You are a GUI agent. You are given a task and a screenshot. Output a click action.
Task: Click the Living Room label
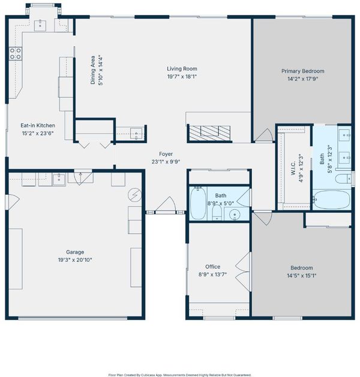182,69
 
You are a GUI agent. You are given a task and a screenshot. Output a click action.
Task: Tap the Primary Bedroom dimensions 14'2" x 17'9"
303,79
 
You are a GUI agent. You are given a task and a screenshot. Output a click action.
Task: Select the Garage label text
75,252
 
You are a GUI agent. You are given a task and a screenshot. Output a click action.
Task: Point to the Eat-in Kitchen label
38,125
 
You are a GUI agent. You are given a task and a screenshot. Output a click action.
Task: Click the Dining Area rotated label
92,70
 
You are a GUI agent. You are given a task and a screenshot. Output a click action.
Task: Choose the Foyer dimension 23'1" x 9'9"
166,162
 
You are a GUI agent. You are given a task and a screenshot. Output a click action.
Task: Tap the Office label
213,266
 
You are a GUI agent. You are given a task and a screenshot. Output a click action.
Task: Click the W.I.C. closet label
293,168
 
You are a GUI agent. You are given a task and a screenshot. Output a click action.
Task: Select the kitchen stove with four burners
16,53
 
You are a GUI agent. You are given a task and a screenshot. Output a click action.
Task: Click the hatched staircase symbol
210,133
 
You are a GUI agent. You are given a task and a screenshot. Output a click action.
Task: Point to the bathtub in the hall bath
198,203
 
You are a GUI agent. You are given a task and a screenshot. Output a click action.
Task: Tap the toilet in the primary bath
343,179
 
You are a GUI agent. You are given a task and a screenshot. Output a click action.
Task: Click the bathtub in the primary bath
332,200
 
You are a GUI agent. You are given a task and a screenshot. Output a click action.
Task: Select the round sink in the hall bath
235,214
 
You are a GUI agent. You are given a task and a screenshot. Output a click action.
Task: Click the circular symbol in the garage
135,195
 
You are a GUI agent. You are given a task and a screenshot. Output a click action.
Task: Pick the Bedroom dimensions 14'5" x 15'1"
302,276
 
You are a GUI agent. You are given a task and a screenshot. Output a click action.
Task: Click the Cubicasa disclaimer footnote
180,375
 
